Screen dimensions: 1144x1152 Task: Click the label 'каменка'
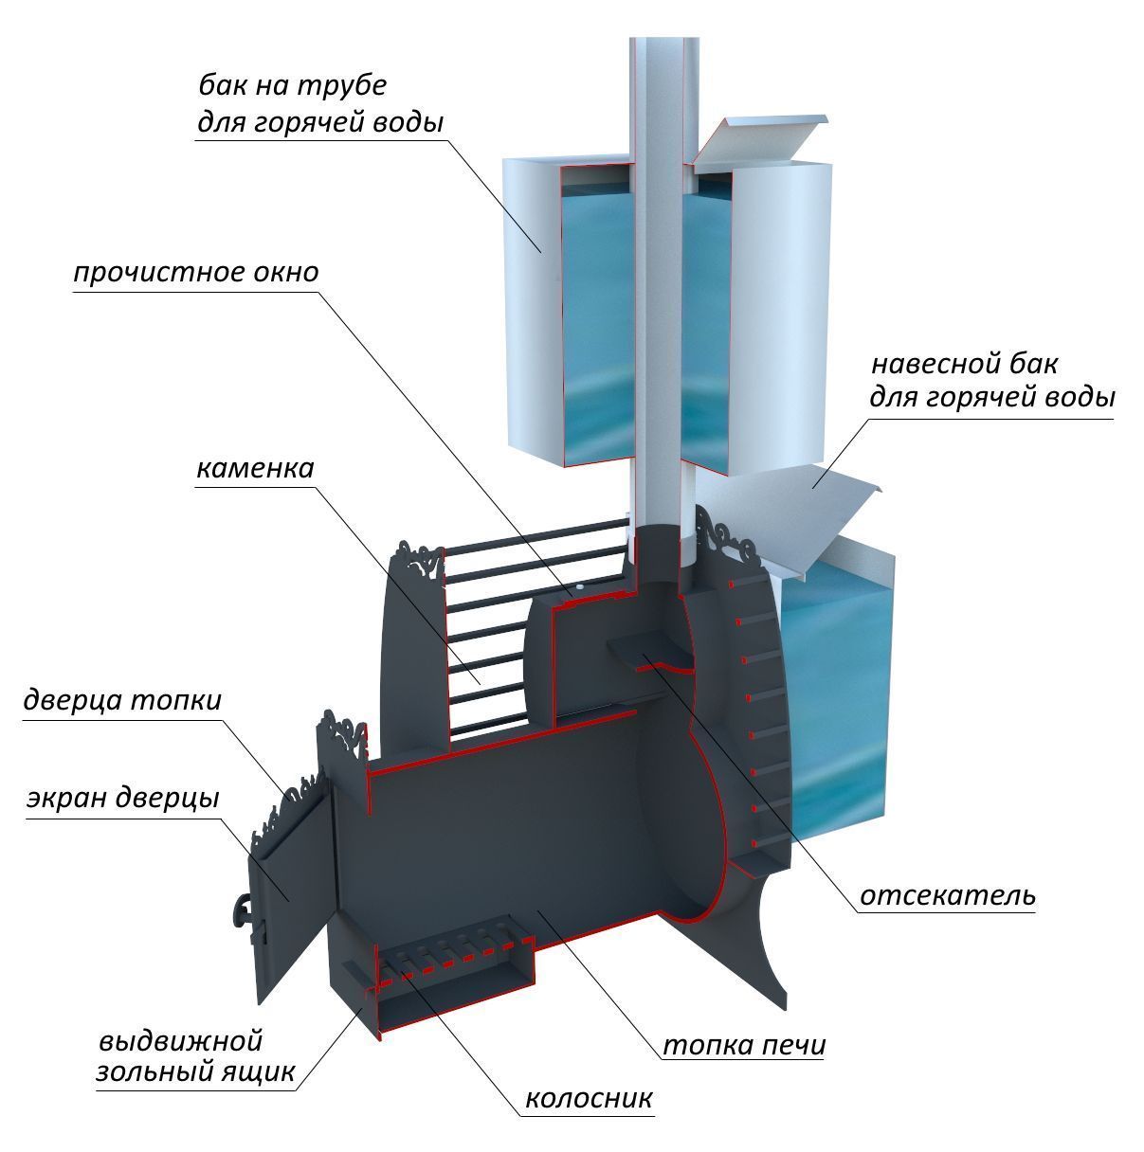tap(256, 469)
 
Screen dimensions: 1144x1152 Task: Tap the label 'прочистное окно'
tap(195, 273)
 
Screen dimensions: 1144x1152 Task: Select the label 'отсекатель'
tap(947, 912)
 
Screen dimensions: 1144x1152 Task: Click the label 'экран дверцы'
tap(122, 798)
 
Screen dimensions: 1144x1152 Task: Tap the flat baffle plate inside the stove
tap(649, 652)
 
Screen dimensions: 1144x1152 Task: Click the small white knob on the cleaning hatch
tap(579, 588)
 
